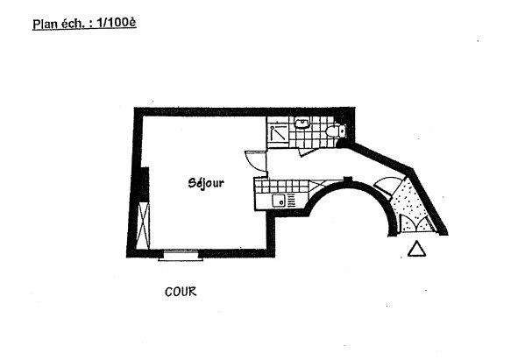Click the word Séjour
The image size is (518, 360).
coord(206,183)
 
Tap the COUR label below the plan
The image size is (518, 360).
coord(181,292)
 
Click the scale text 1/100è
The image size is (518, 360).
coord(117,23)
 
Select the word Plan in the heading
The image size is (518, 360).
coord(44,25)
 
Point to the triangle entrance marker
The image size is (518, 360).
coord(416,249)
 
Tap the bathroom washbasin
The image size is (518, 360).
coord(302,123)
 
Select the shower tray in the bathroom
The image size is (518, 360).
coord(279,133)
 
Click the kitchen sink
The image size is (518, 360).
coord(279,201)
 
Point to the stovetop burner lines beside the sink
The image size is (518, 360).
coord(291,201)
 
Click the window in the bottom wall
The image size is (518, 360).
coord(181,255)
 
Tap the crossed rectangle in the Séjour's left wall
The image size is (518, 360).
coord(144,226)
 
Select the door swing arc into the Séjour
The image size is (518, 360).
coord(255,161)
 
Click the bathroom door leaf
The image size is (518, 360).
coord(309,152)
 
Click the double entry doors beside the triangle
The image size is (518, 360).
coord(417,223)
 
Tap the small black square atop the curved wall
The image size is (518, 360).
coord(348,180)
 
